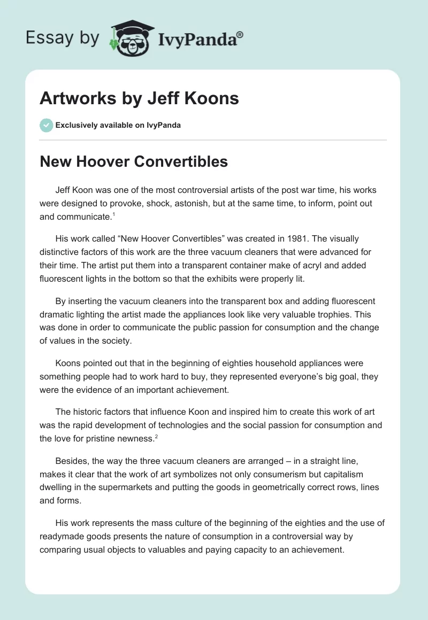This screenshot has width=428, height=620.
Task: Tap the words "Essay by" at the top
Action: pyautogui.click(x=63, y=37)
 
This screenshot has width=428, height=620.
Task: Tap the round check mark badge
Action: pyautogui.click(x=46, y=125)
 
